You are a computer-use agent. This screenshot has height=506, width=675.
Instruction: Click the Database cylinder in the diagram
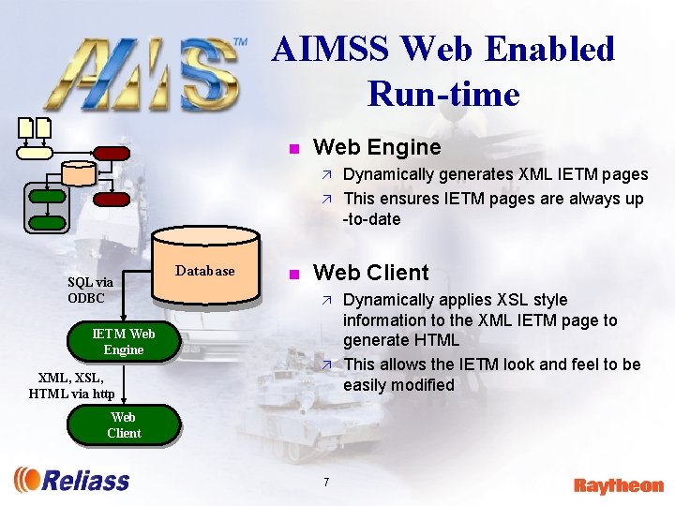click(x=204, y=271)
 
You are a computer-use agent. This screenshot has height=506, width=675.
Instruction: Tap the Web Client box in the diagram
click(x=123, y=424)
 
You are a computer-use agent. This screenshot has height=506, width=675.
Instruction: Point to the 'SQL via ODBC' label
click(x=90, y=290)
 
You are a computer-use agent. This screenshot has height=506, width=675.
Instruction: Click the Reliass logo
click(x=72, y=480)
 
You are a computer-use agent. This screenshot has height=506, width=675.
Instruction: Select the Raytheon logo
click(x=618, y=485)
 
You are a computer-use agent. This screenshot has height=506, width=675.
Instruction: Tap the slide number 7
click(x=325, y=482)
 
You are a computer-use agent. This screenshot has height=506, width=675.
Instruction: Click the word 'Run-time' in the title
click(x=443, y=94)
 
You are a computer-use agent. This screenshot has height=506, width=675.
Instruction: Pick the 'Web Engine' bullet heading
click(x=376, y=147)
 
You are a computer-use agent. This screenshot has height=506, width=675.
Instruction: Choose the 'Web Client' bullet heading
click(x=370, y=273)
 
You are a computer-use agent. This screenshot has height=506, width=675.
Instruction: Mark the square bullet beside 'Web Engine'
click(x=293, y=148)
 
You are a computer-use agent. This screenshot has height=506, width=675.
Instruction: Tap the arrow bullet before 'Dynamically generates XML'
click(x=327, y=174)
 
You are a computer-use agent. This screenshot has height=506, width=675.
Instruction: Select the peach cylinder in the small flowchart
click(x=80, y=173)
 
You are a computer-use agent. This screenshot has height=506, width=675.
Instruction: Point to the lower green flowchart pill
click(x=47, y=222)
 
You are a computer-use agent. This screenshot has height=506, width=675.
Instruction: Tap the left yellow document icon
click(x=25, y=127)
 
